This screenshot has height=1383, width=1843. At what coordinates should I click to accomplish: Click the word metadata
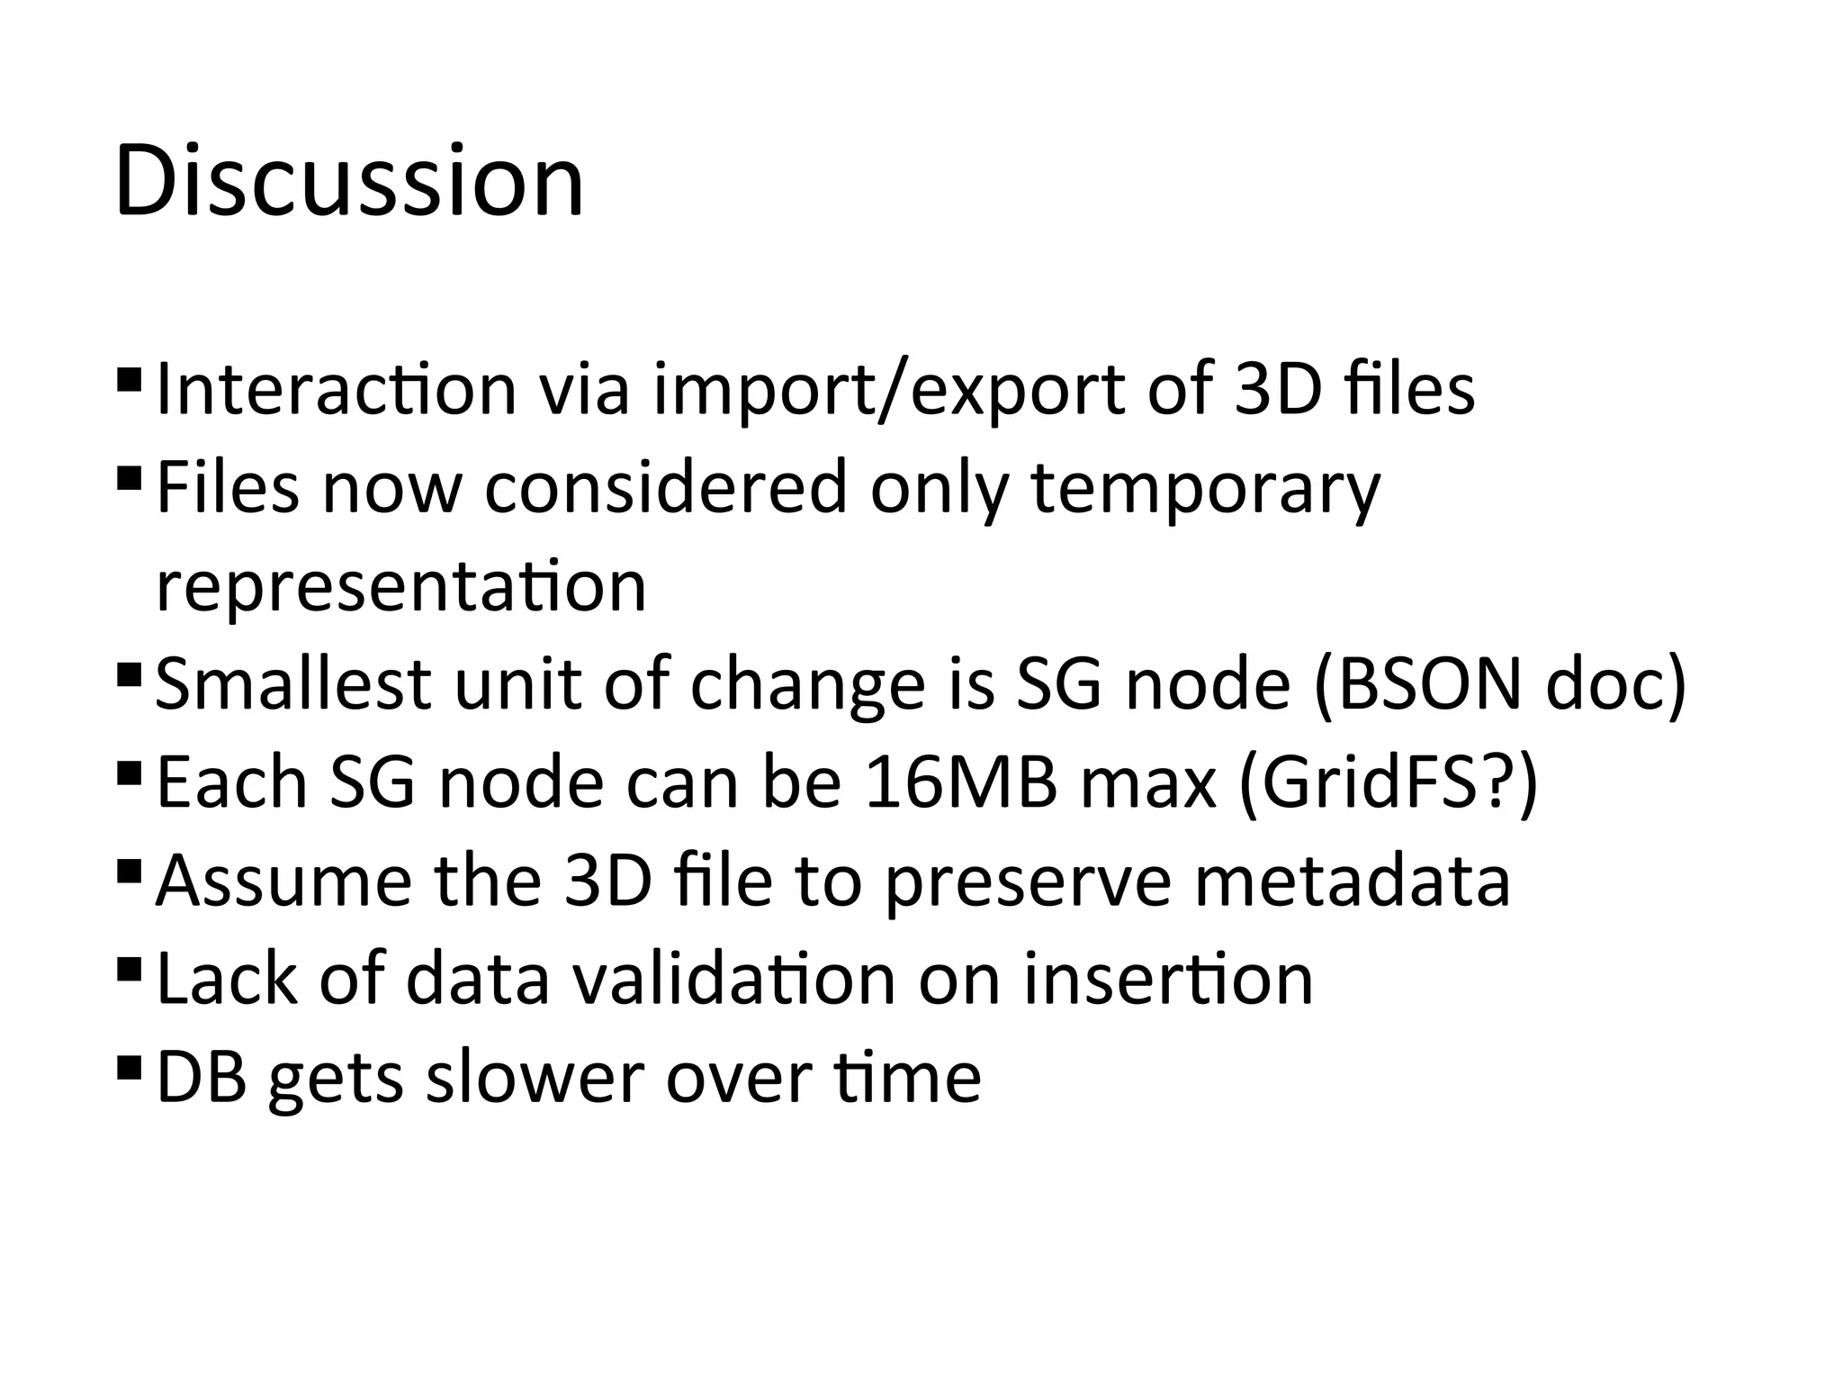click(x=1352, y=881)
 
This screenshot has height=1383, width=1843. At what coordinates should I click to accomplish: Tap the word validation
click(x=734, y=979)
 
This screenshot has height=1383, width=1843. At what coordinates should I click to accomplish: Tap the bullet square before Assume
click(x=129, y=871)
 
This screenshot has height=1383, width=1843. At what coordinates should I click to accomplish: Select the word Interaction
click(x=337, y=390)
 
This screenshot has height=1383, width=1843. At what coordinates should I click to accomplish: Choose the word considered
click(x=666, y=487)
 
